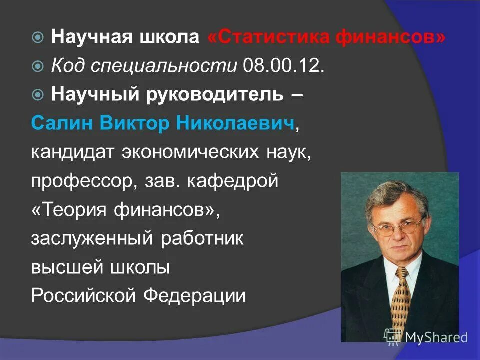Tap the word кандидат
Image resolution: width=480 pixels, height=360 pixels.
(73, 152)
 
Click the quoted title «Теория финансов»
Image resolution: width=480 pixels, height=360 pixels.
(125, 210)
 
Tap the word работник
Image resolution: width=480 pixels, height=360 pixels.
(202, 239)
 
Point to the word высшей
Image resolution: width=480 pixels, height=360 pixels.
(64, 267)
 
